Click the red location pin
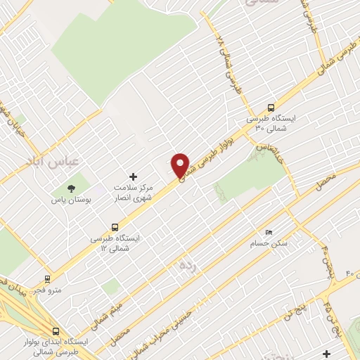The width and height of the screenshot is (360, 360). point(180,165)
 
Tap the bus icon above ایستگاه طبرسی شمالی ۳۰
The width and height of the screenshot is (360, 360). point(271,108)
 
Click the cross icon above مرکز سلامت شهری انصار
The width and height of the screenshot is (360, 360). point(134,176)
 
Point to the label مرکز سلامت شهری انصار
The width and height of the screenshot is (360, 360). point(134,192)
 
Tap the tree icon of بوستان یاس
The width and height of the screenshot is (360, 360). point(71,188)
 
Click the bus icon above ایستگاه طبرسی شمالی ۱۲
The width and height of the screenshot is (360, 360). point(115,227)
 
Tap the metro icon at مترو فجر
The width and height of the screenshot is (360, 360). point(47,278)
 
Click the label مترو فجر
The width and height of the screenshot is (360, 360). point(49,289)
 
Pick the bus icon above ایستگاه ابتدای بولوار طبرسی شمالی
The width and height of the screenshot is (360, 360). point(56,331)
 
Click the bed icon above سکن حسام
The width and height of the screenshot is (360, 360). point(268,232)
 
